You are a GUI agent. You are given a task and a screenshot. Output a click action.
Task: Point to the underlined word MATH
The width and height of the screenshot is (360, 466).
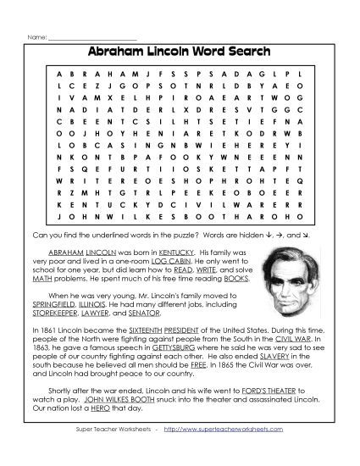click(43, 280)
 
